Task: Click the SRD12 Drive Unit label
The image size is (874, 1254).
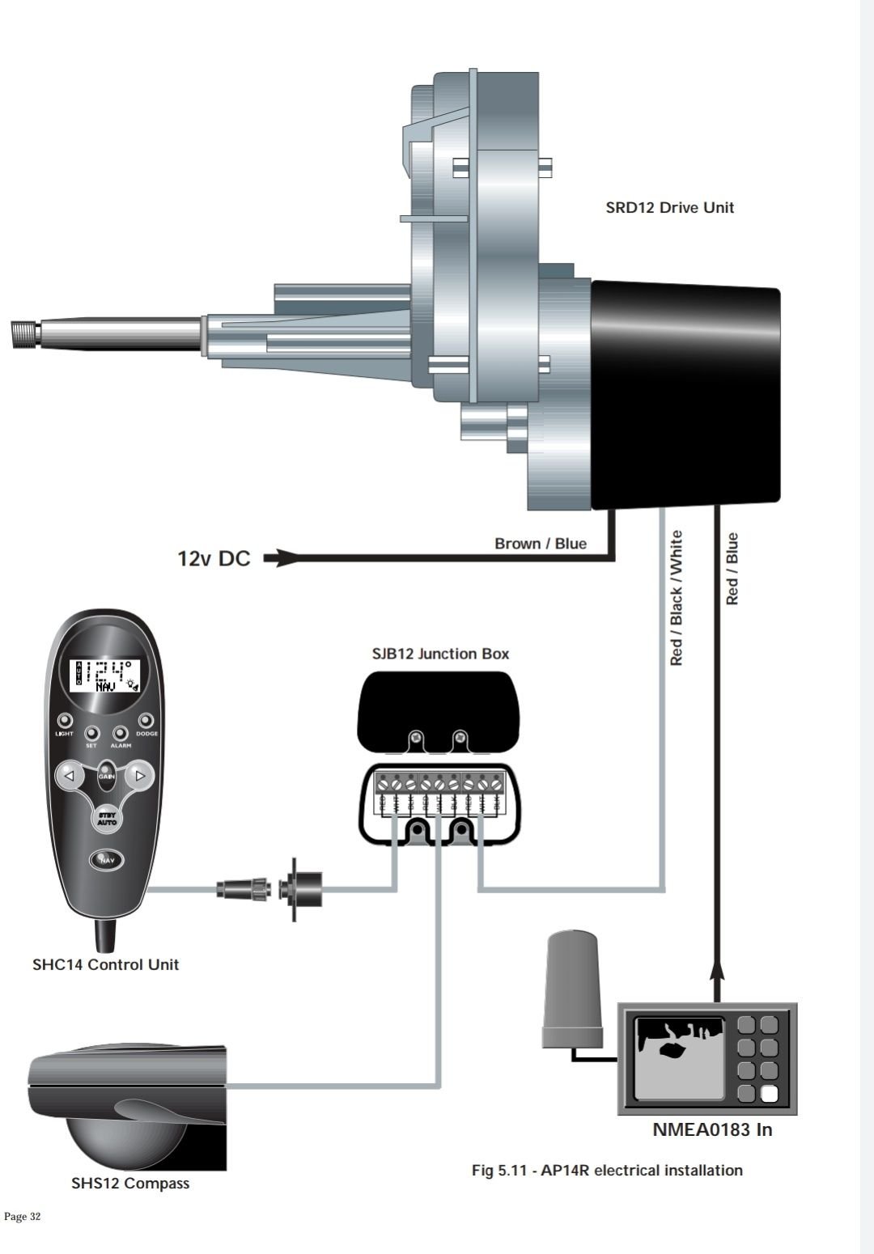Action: point(669,207)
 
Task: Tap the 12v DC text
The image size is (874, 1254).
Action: point(214,559)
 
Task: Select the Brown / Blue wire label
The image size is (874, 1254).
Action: point(540,544)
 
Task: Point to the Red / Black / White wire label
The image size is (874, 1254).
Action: point(677,598)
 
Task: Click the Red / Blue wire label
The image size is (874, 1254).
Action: point(732,569)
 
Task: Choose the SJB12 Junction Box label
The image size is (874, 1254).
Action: point(440,654)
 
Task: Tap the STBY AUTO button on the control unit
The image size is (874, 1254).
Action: point(107,818)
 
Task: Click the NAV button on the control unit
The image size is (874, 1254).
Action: point(105,860)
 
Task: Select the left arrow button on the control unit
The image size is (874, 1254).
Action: point(70,776)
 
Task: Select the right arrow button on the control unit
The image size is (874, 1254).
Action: point(140,776)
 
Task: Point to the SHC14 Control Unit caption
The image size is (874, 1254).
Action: point(105,964)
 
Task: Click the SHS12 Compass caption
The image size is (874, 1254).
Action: point(129,1184)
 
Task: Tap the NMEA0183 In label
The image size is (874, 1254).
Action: point(712,1130)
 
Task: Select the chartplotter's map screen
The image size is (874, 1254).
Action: point(679,1058)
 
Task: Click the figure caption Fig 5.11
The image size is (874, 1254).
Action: point(607,1170)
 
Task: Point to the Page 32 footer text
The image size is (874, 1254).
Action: point(23,1217)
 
